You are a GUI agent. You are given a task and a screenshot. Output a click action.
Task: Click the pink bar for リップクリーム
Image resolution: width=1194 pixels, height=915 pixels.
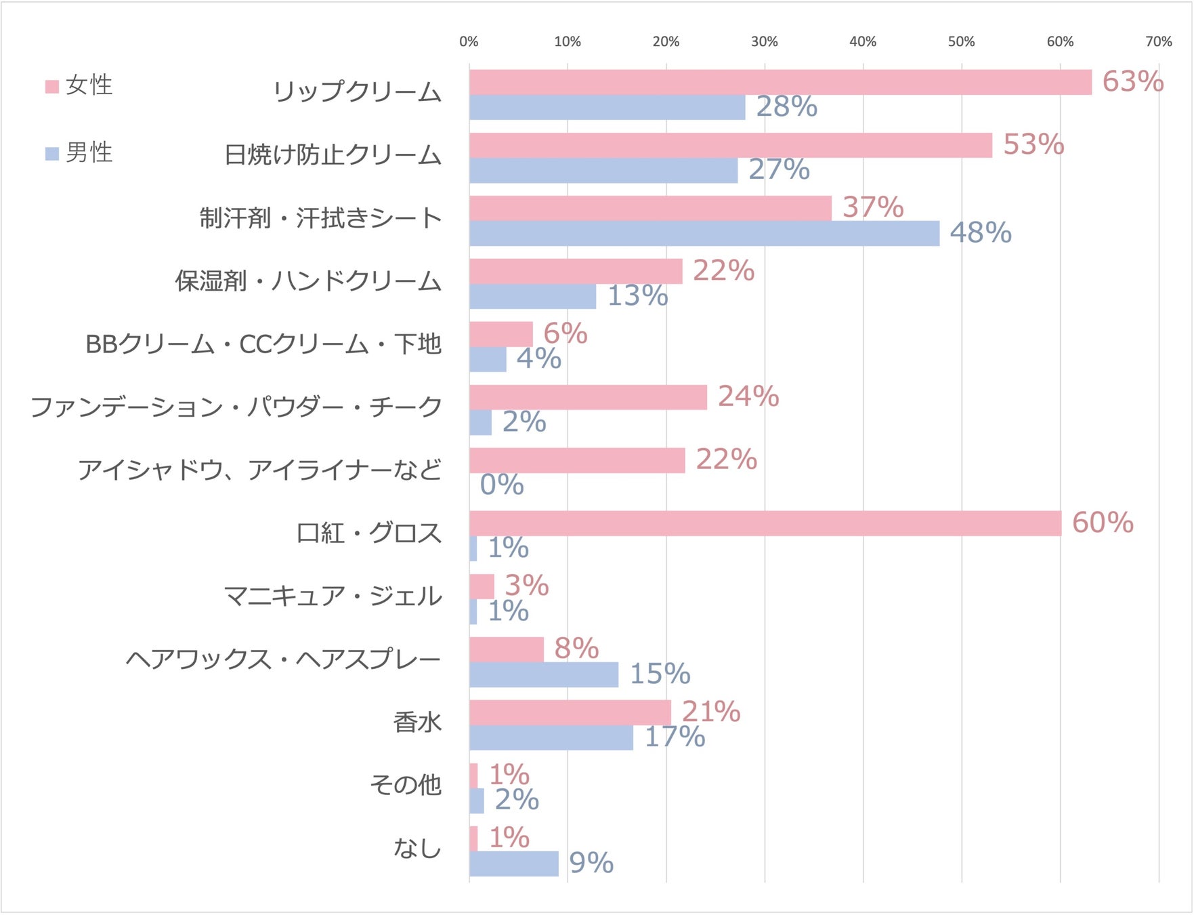point(780,82)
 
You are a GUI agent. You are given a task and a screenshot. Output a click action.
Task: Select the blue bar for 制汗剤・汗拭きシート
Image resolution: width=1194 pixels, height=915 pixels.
point(704,233)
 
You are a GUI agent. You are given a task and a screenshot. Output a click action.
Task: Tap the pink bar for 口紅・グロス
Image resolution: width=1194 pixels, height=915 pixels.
point(765,523)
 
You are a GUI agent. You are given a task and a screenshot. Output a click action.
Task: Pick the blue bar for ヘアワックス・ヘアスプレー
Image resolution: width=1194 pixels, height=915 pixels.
point(544,674)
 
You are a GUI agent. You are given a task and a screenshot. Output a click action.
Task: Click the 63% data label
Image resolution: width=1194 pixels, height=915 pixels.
point(1132,82)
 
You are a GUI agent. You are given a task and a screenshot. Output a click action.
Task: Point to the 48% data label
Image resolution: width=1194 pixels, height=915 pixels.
point(980,233)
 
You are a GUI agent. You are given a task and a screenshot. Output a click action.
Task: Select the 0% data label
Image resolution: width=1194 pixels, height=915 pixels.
point(502,485)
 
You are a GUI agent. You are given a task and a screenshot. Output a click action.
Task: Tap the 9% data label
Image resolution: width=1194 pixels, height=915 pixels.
point(591,863)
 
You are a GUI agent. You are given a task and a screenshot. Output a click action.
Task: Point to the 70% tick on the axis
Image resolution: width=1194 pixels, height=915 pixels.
point(1158,42)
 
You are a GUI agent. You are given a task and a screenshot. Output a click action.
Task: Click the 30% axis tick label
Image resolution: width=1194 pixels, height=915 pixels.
point(764,42)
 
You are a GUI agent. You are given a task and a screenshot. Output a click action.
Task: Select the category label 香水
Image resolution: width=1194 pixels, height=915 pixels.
point(417,723)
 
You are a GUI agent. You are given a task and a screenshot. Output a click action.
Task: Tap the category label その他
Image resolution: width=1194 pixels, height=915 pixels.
point(405,785)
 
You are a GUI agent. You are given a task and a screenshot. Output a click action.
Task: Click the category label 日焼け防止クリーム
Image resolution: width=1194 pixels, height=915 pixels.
point(333,155)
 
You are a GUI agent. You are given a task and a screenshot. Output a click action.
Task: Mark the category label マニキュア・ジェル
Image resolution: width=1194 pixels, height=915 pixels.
point(333,596)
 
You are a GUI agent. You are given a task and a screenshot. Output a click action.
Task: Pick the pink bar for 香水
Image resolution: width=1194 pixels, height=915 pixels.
point(570,712)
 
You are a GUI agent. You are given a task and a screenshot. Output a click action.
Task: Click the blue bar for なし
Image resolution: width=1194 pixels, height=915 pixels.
point(513,863)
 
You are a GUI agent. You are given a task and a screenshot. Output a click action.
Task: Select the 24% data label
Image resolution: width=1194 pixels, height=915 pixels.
point(748,396)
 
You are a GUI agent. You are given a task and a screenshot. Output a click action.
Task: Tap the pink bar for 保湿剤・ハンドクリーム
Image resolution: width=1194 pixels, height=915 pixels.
point(576,271)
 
